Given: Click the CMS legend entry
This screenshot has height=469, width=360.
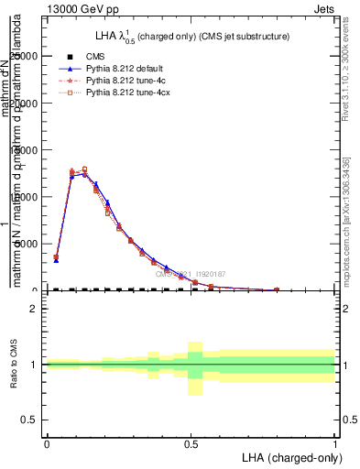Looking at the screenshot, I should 93,57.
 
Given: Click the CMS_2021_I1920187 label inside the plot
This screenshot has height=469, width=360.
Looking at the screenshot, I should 190,274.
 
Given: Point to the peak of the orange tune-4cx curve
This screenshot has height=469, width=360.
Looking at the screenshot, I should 84,169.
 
